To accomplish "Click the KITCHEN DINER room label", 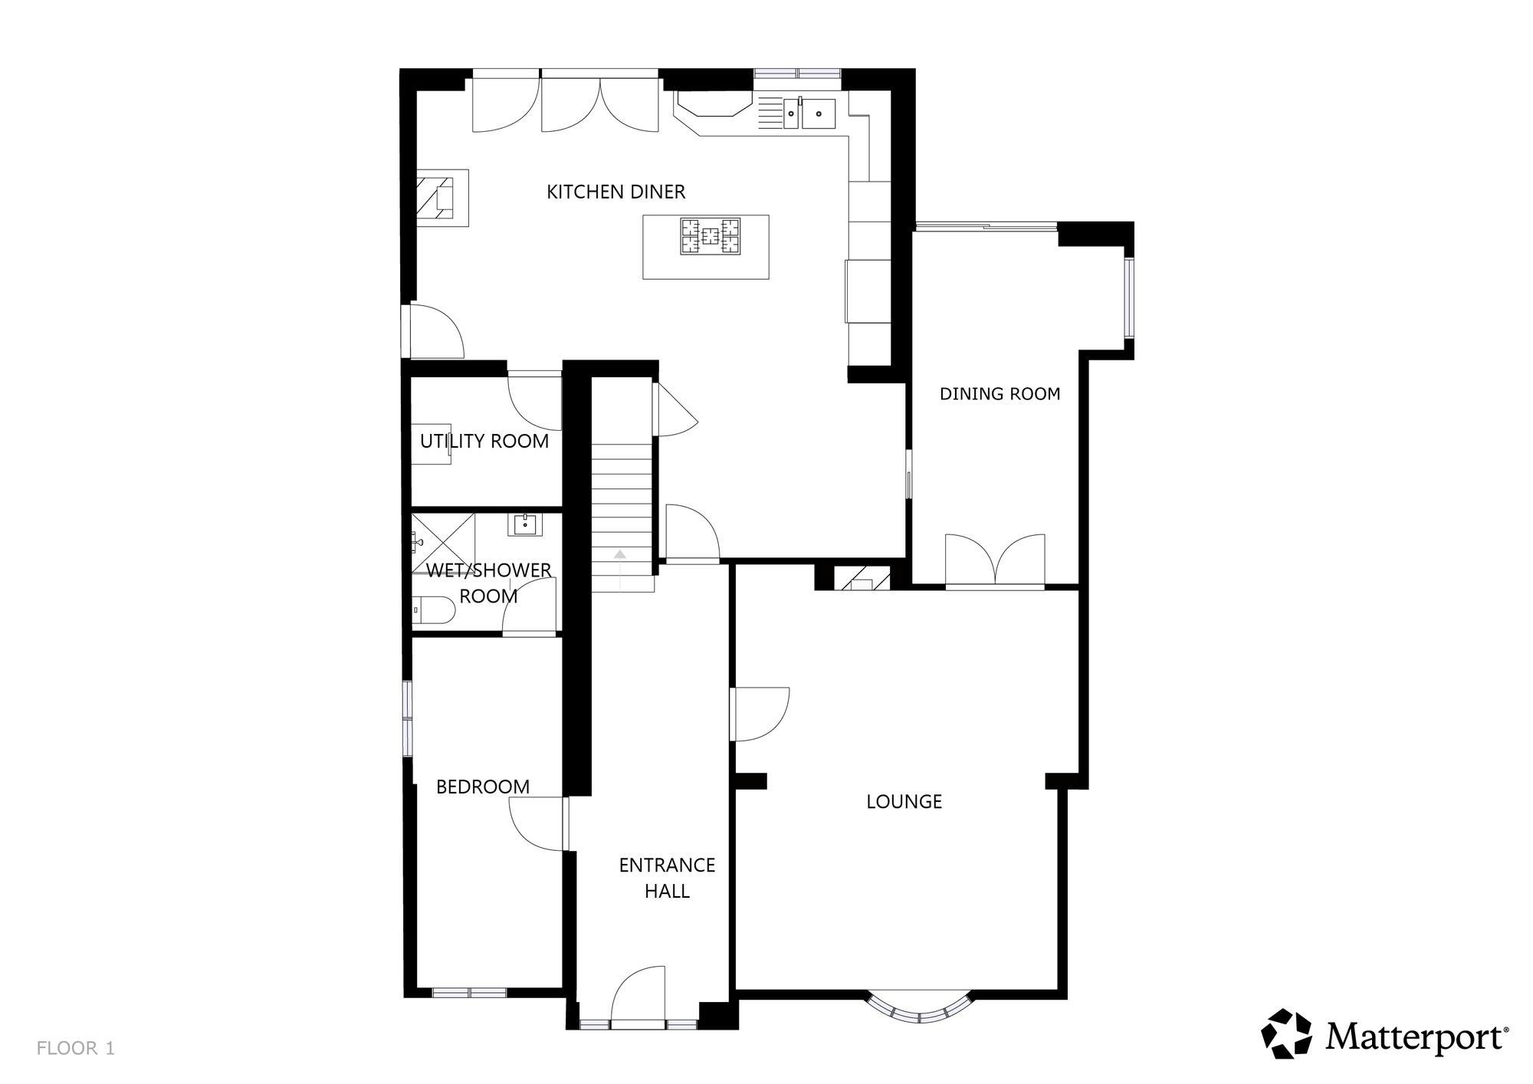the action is [x=615, y=192].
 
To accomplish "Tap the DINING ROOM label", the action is [x=1000, y=394].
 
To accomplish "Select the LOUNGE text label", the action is [x=904, y=802].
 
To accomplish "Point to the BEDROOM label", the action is [x=483, y=787].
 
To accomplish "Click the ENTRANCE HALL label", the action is [x=667, y=878].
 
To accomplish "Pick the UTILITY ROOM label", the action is [x=484, y=442].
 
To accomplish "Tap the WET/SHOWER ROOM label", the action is [x=489, y=583].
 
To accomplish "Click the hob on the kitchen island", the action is [x=711, y=236].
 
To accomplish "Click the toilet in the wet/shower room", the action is [x=434, y=610].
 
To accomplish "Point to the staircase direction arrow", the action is [x=620, y=554].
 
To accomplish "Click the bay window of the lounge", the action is [x=918, y=1007].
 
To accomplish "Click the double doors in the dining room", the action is [x=995, y=561].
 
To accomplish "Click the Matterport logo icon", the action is [x=1287, y=1034].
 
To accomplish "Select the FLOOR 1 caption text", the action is [x=76, y=1049].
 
